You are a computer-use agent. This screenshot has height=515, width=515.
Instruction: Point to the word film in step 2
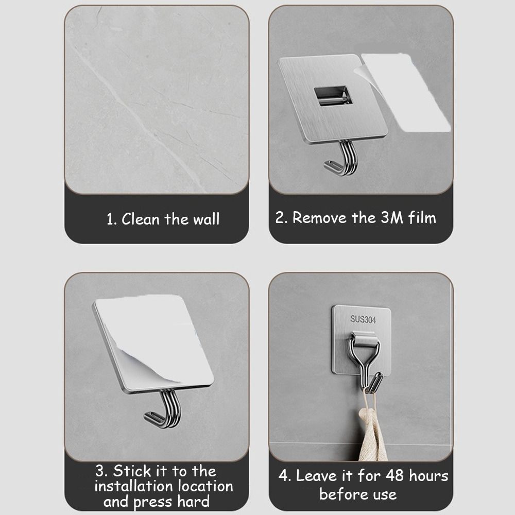pos(422,217)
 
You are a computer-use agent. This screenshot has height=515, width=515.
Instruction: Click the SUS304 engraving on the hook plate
pos(363,319)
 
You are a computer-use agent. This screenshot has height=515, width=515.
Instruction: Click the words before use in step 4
pos(358,494)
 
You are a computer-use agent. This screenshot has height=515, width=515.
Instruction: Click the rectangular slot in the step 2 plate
pos(333,96)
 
